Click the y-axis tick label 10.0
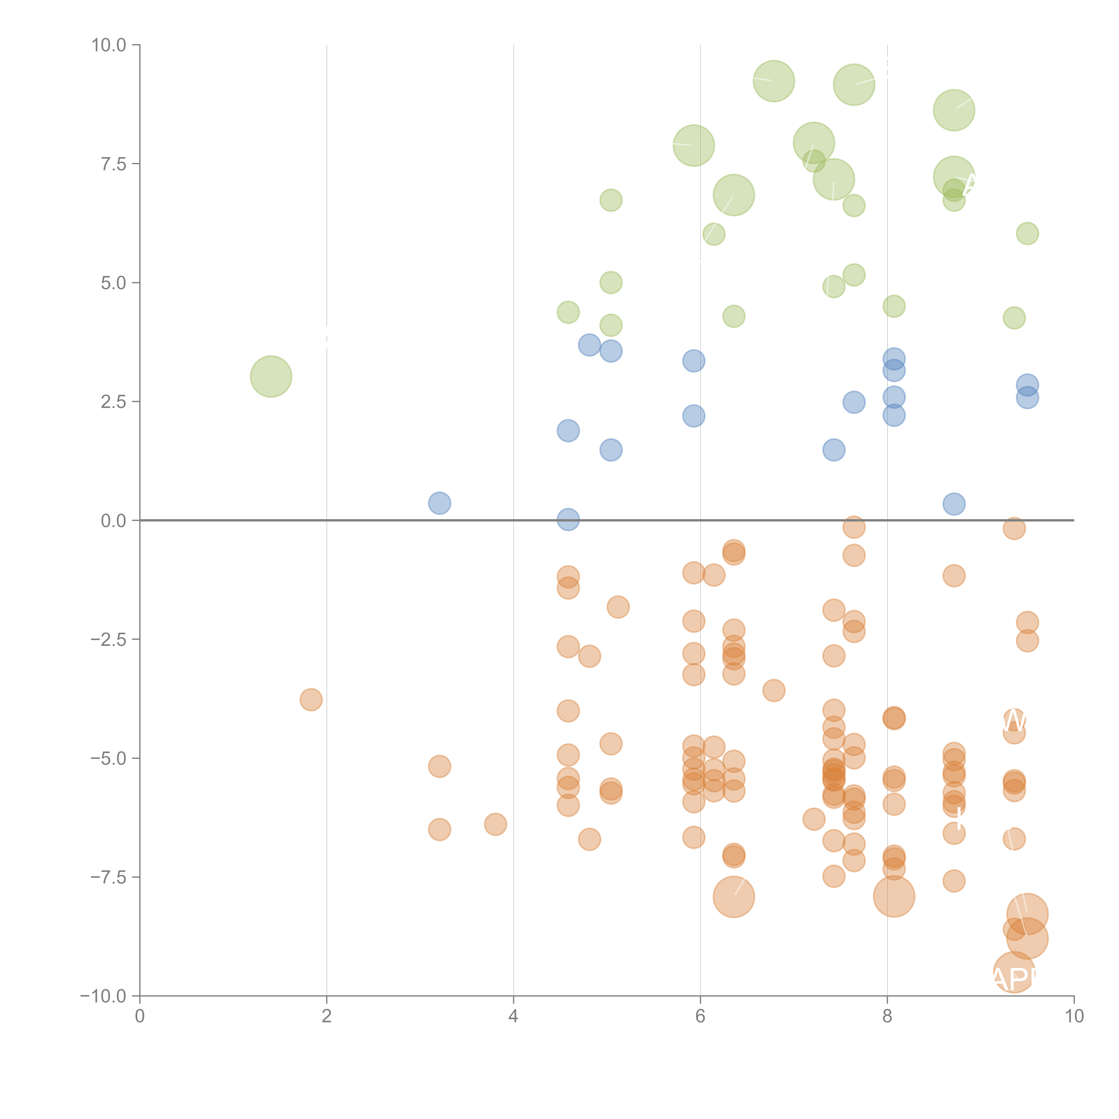click(109, 45)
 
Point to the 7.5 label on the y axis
click(113, 164)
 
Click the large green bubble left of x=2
click(271, 376)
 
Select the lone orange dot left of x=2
click(311, 700)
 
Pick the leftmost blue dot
click(440, 503)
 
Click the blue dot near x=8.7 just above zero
click(954, 504)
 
